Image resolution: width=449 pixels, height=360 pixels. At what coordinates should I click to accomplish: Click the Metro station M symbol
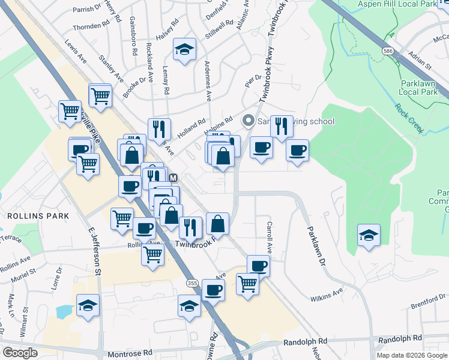(x=173, y=178)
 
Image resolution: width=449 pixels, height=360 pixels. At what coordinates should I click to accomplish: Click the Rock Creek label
(x=409, y=116)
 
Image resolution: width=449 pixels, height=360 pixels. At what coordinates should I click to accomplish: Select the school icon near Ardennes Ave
(x=185, y=50)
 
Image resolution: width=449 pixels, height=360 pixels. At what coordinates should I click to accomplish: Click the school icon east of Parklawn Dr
(x=369, y=235)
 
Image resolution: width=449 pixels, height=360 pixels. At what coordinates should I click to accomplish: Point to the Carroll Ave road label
(x=270, y=236)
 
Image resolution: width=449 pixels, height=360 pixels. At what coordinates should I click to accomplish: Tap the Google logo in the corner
(x=20, y=353)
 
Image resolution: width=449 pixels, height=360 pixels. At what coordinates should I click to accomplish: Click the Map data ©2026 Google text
(x=412, y=355)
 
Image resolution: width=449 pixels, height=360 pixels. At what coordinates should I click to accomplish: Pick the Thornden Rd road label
(x=91, y=27)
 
